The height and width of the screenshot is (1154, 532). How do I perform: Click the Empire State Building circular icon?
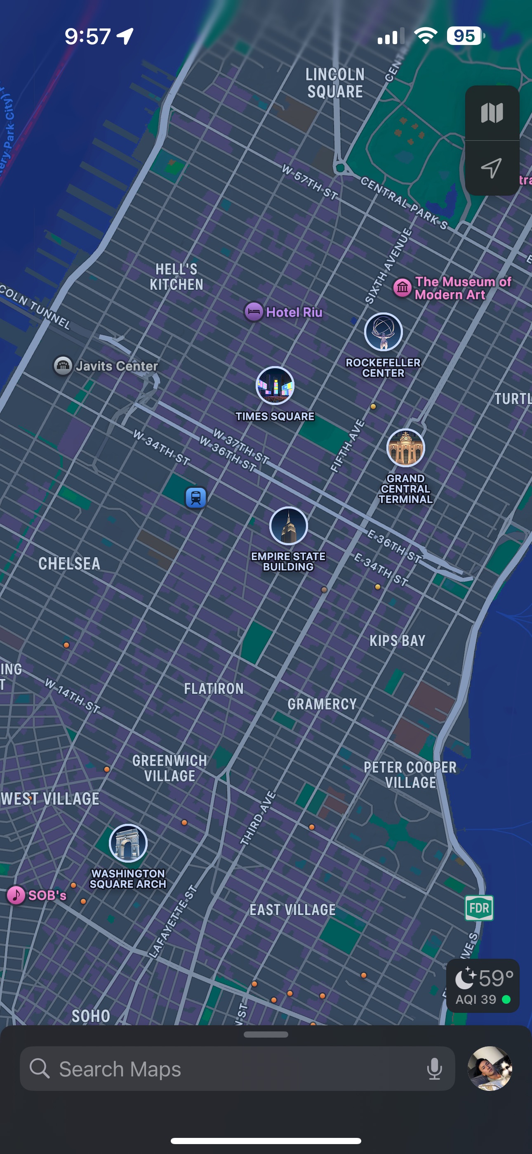pos(288,525)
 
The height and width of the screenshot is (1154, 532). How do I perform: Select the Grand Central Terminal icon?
pos(406,447)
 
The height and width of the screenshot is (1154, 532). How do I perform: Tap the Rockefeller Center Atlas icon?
pos(383,332)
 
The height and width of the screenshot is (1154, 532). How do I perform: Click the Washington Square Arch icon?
pos(128,843)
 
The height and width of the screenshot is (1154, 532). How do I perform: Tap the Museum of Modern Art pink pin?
pos(402,288)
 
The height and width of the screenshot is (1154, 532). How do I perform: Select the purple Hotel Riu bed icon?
pos(254,312)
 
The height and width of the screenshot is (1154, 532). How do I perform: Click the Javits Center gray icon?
pos(63,366)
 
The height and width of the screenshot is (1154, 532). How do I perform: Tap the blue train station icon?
pos(196,497)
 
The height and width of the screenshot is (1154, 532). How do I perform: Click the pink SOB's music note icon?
pos(16,895)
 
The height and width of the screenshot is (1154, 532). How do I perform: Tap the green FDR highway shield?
pos(479,908)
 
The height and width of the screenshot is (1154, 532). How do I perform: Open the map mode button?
pos(492,113)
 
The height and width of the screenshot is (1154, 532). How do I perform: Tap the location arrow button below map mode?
pos(492,168)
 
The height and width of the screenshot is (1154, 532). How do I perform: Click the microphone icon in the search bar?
pos(434,1069)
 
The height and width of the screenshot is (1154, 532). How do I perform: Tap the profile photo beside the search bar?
pos(490,1069)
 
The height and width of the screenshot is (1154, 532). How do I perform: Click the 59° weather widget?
pos(483,986)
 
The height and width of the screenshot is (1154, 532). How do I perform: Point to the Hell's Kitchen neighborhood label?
pos(177,277)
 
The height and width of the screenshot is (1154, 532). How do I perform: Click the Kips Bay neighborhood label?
pos(397,641)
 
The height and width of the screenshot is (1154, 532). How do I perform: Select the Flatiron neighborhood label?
pos(214,688)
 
